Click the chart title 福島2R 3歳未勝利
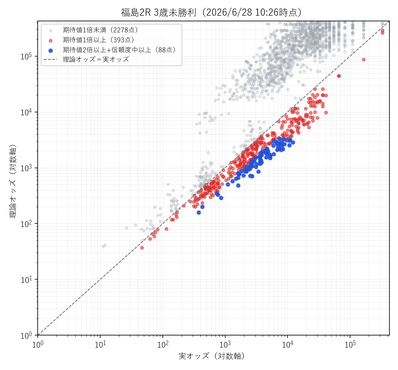click(x=158, y=12)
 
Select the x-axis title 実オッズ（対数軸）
click(x=212, y=356)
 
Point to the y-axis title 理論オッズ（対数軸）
click(x=13, y=181)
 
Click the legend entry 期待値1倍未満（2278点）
click(x=101, y=30)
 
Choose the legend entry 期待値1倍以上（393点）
click(x=99, y=40)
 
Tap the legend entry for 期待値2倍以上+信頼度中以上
click(x=119, y=50)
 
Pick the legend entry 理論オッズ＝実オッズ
click(x=96, y=59)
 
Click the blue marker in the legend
click(x=50, y=50)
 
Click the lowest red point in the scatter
click(x=142, y=248)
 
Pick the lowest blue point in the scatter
click(x=199, y=212)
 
